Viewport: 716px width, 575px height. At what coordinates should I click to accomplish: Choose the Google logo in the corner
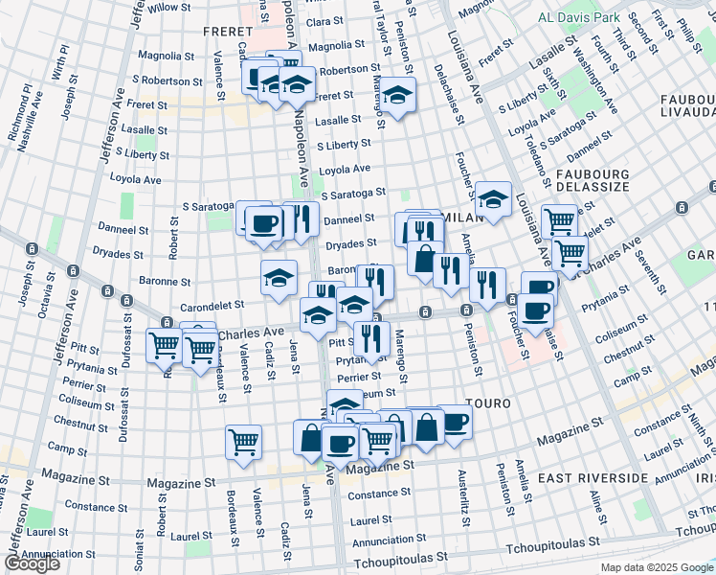tap(32, 563)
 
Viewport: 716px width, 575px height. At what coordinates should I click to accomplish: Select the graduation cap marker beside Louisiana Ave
tap(493, 198)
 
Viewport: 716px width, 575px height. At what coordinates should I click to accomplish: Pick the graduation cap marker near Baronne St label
tap(279, 278)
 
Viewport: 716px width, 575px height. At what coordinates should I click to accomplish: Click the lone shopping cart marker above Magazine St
tap(244, 442)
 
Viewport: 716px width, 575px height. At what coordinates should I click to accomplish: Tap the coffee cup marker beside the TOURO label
tap(454, 421)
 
